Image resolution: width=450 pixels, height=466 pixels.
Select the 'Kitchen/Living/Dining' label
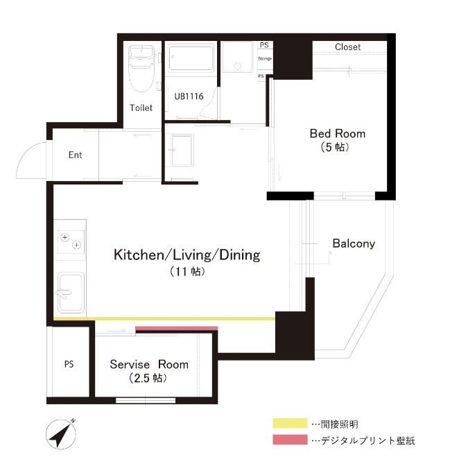187,255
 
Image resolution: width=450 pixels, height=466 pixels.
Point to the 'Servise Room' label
149,364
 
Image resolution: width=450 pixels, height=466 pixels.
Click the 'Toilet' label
141,107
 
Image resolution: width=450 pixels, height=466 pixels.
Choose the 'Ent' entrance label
75,155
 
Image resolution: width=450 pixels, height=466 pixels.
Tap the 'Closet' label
347,47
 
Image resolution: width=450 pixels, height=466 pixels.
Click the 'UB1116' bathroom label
188,96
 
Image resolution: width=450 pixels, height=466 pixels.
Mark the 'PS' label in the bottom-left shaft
69,363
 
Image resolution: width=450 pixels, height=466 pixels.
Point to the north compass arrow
62,435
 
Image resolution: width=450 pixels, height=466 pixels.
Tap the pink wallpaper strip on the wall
177,328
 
